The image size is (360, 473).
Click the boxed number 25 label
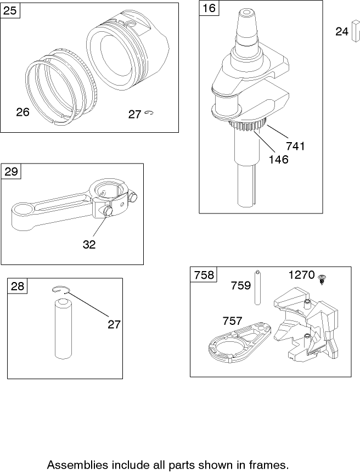click(10, 11)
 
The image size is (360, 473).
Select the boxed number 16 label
click(209, 8)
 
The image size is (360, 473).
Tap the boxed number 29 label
click(11, 172)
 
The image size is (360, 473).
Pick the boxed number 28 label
click(18, 286)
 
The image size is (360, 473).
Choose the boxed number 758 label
click(203, 275)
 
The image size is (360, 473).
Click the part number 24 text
click(342, 32)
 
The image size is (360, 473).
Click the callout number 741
click(295, 147)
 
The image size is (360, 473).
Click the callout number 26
click(22, 112)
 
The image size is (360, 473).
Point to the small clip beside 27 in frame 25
click(150, 114)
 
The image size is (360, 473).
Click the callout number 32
click(89, 245)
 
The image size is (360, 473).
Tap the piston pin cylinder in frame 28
click(65, 329)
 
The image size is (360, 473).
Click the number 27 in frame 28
click(114, 324)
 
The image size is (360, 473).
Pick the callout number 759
click(240, 285)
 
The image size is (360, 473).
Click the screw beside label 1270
click(322, 280)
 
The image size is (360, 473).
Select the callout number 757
click(232, 321)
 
